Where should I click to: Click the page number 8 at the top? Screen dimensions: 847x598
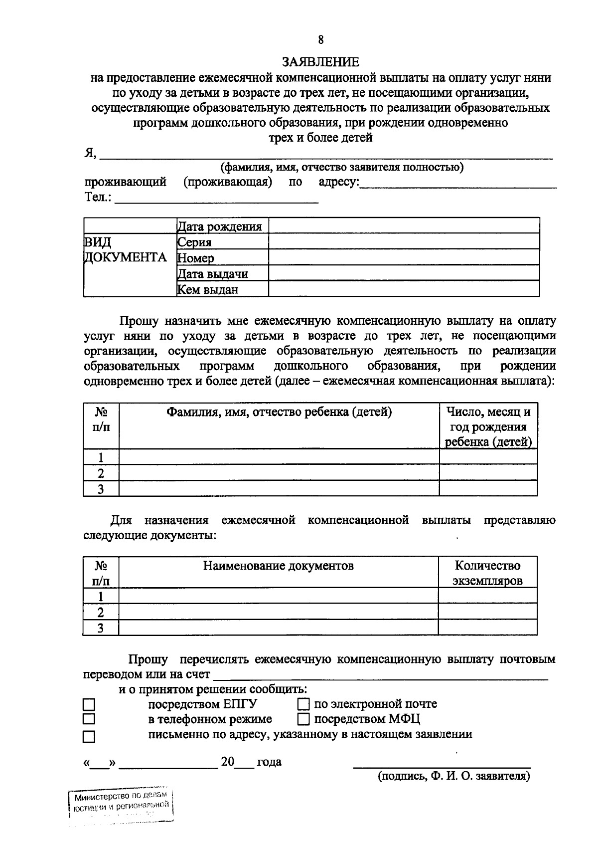click(320, 40)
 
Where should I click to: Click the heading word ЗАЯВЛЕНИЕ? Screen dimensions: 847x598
click(320, 62)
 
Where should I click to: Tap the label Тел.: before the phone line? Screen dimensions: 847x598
click(98, 197)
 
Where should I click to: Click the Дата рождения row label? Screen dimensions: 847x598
click(220, 226)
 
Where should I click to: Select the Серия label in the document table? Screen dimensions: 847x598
click(195, 242)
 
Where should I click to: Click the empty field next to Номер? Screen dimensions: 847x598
click(404, 257)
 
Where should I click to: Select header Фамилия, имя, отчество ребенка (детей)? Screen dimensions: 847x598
click(279, 412)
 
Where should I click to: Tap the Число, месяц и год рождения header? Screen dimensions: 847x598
click(488, 427)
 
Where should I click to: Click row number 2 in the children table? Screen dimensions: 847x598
click(101, 473)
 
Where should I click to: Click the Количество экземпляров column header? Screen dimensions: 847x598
click(487, 573)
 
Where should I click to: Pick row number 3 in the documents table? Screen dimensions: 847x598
click(101, 628)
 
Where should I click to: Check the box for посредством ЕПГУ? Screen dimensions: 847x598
click(89, 704)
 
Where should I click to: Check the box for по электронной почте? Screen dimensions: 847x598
click(303, 704)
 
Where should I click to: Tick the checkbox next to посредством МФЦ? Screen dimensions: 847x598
click(303, 719)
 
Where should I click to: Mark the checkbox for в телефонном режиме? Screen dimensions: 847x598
click(89, 719)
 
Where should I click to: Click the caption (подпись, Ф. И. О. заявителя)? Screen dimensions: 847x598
click(453, 776)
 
